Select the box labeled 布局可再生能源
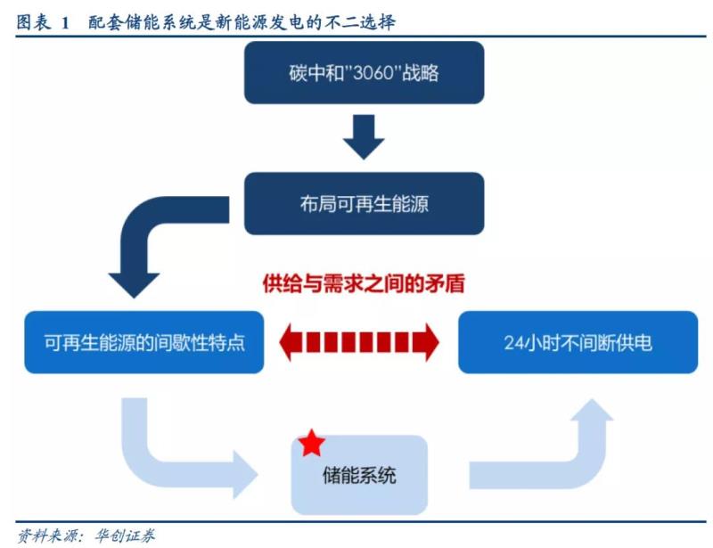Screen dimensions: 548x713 [365, 203]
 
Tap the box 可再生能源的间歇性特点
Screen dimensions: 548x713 [144, 342]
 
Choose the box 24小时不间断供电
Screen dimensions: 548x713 [578, 342]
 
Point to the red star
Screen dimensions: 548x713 [312, 443]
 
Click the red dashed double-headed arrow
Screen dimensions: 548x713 [360, 342]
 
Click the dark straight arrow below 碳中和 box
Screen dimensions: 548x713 [364, 138]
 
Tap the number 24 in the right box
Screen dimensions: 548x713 [513, 342]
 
